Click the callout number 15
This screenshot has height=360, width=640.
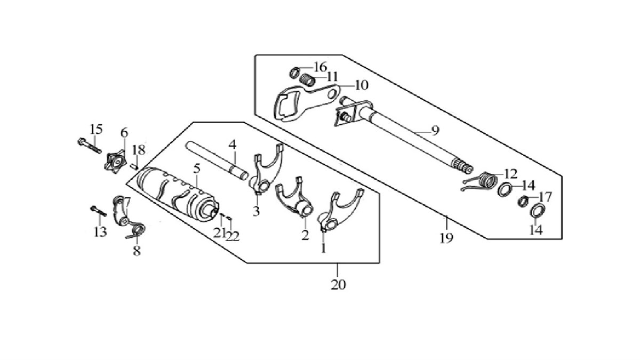pos(96,129)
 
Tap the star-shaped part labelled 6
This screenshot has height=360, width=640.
pos(116,163)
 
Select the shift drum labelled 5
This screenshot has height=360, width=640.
pos(178,194)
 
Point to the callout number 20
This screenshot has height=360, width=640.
pos(338,284)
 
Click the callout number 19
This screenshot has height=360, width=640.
pos(446,238)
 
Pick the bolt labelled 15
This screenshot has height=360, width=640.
pos(90,146)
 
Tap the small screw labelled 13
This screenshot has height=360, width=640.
pos(99,211)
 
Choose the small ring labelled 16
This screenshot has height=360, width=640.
pos(294,73)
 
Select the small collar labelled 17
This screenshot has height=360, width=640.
pos(523,201)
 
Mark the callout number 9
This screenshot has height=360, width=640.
pos(435,131)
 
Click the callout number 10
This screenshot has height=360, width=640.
pos(362,85)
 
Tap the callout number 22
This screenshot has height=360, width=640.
pos(233,236)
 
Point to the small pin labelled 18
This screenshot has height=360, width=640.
pos(134,166)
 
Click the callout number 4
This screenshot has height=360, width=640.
pos(233,145)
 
